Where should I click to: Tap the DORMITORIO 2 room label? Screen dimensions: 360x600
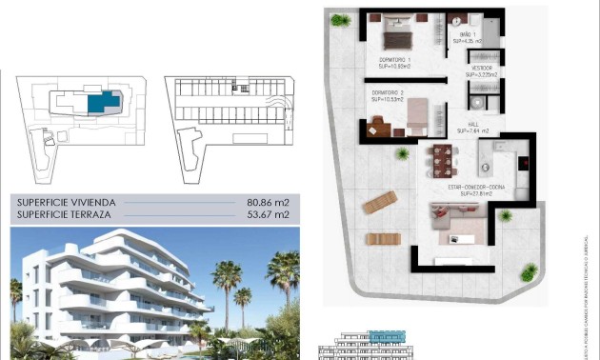(388, 94)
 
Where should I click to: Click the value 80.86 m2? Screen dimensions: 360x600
(267, 203)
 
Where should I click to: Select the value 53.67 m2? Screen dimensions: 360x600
(267, 216)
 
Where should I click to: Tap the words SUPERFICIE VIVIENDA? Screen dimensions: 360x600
(66, 203)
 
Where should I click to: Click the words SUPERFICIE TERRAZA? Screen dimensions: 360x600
(62, 216)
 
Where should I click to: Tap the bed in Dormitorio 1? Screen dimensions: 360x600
(397, 39)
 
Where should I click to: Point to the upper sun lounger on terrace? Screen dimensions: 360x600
(380, 202)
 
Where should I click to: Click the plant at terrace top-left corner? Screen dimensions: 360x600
(340, 19)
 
